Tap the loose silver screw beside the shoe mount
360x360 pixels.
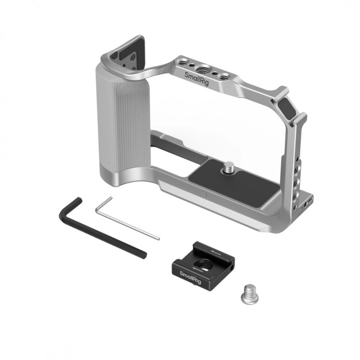(x=250, y=294)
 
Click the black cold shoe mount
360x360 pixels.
(x=203, y=265)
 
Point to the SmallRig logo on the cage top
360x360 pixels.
(x=197, y=78)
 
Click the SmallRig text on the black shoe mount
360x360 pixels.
(x=190, y=278)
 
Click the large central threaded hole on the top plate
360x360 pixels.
(x=203, y=69)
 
